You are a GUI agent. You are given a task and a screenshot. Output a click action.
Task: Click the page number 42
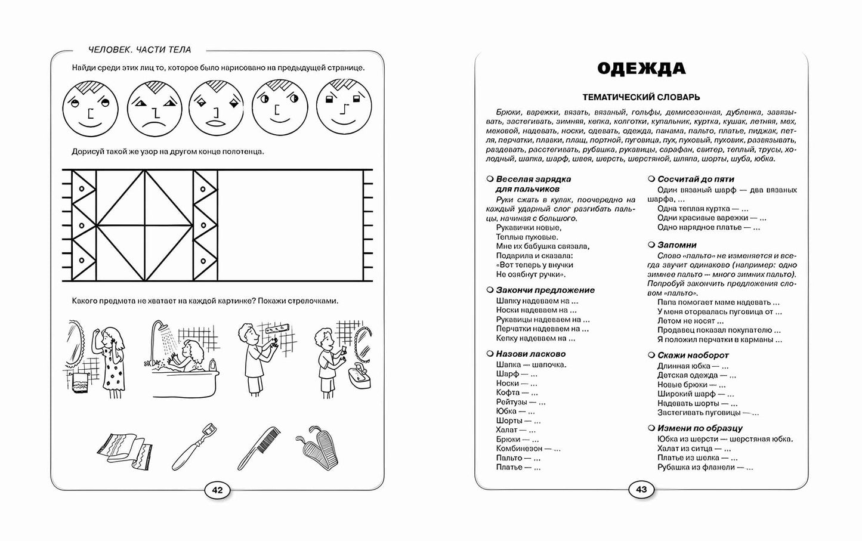[x=217, y=490]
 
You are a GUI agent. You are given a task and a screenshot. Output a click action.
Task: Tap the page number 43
[x=641, y=490]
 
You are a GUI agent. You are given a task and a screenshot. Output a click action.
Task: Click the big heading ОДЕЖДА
[x=641, y=69]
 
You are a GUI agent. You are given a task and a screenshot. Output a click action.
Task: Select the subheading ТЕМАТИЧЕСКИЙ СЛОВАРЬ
[x=641, y=97]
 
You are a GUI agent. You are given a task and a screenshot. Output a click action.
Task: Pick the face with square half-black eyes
[x=341, y=107]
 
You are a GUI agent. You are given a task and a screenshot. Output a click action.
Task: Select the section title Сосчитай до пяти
[x=696, y=179]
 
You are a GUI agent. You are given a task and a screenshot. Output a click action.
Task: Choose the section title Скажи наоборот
[x=693, y=355]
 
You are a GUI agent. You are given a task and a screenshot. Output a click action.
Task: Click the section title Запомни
[x=676, y=245]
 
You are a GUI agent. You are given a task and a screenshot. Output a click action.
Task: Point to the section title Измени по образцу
[x=699, y=428]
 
